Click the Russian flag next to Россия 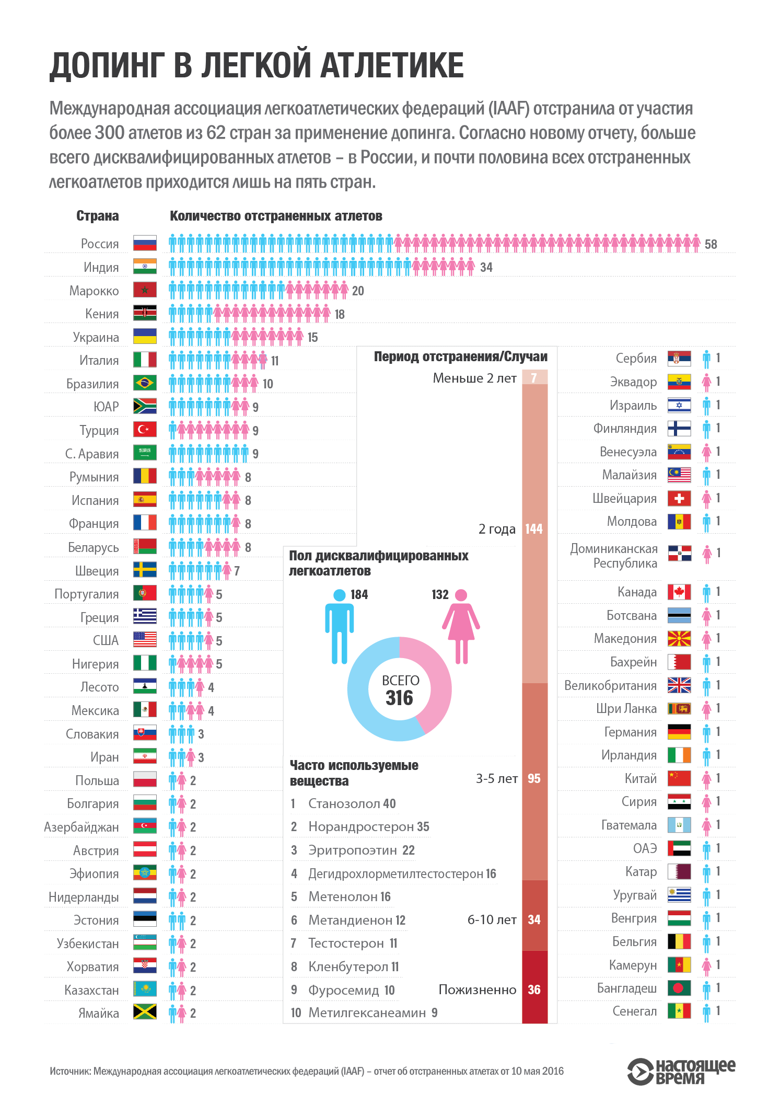pos(145,243)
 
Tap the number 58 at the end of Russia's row pos(711,244)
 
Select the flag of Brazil pos(145,383)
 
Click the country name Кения pos(102,314)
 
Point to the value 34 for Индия pos(486,268)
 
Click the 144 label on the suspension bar pos(534,529)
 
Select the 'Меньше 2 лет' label pos(474,378)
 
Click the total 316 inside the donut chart pos(400,698)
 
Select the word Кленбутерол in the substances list pos(348,967)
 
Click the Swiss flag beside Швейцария pos(679,498)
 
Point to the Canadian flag pos(679,592)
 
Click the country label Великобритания pos(610,685)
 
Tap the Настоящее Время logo pos(681,1071)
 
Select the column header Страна pos(98,216)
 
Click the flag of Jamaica pos(145,1013)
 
